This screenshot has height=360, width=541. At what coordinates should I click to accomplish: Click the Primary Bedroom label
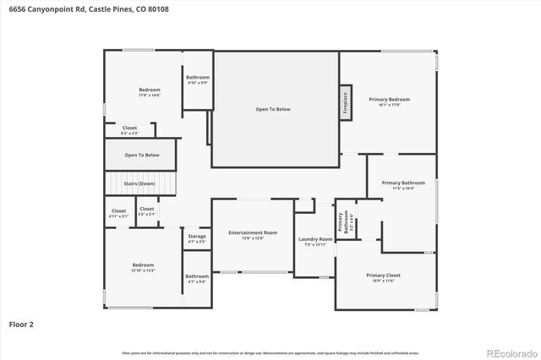(x=389, y=102)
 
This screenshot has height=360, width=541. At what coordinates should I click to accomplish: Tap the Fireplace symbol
(x=345, y=102)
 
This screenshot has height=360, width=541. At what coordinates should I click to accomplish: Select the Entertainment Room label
(x=253, y=235)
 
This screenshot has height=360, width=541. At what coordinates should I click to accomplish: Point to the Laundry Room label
(x=315, y=243)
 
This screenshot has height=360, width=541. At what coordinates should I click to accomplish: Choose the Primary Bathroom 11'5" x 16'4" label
(x=402, y=186)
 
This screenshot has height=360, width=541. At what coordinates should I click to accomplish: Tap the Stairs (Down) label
(x=139, y=183)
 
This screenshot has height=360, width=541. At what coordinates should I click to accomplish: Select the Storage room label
(x=196, y=239)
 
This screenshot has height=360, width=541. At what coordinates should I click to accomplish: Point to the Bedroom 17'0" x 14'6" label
(x=149, y=92)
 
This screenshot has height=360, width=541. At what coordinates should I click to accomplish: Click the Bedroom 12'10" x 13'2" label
(x=142, y=267)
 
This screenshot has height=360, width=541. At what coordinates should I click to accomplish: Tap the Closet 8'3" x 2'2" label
(x=129, y=130)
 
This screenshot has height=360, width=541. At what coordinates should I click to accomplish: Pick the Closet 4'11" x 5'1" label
(x=118, y=214)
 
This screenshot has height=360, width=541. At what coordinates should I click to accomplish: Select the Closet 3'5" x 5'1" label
(x=146, y=211)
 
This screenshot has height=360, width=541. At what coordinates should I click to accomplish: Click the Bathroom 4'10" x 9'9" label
(x=198, y=79)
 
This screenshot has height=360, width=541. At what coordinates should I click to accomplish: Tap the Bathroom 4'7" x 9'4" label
(x=197, y=279)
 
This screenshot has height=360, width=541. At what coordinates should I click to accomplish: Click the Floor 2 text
(x=21, y=324)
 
